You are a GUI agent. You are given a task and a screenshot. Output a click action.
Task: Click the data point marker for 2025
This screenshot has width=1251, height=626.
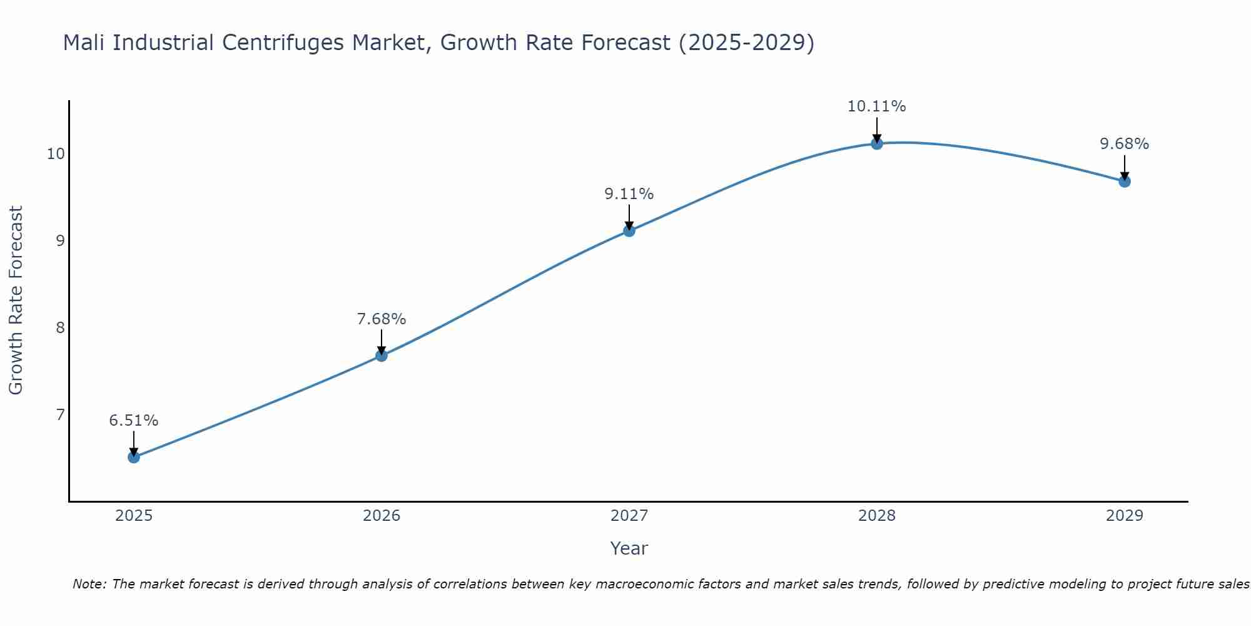click(x=134, y=457)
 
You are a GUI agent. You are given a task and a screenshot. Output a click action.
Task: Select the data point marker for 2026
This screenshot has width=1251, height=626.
click(x=382, y=356)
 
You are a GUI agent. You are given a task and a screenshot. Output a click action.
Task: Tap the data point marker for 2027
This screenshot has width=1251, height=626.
click(x=629, y=231)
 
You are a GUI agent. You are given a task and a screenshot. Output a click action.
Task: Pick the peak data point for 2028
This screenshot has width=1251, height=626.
click(x=877, y=143)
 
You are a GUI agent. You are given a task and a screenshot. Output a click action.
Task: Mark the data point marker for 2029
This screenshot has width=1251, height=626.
click(x=1125, y=182)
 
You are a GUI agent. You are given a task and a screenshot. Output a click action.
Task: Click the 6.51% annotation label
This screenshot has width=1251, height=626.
click(x=134, y=421)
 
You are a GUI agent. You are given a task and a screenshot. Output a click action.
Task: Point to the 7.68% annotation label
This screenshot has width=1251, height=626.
click(x=382, y=319)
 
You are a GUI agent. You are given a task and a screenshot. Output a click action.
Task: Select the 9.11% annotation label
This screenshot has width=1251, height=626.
click(x=629, y=194)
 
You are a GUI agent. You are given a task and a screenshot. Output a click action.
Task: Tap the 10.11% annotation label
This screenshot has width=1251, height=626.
click(x=877, y=106)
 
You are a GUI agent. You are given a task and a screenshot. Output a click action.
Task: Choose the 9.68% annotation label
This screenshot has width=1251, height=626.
click(x=1125, y=144)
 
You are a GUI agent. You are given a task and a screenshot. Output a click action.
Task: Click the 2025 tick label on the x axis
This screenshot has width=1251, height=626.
click(x=134, y=516)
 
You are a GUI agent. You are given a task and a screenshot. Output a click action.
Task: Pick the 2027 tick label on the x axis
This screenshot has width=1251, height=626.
click(x=629, y=516)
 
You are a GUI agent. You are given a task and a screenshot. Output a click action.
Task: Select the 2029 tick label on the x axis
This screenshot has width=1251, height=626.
click(x=1125, y=516)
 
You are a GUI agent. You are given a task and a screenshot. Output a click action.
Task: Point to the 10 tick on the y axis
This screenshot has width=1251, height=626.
click(x=56, y=154)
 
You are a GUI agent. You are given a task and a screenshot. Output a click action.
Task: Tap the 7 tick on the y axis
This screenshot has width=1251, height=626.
click(x=60, y=414)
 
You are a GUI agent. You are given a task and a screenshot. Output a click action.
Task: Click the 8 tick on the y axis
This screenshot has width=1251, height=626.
click(x=60, y=327)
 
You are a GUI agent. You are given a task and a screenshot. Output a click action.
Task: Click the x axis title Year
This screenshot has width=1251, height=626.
click(x=629, y=548)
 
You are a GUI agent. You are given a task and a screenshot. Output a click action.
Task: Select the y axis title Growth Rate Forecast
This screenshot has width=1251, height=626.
click(x=16, y=300)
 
